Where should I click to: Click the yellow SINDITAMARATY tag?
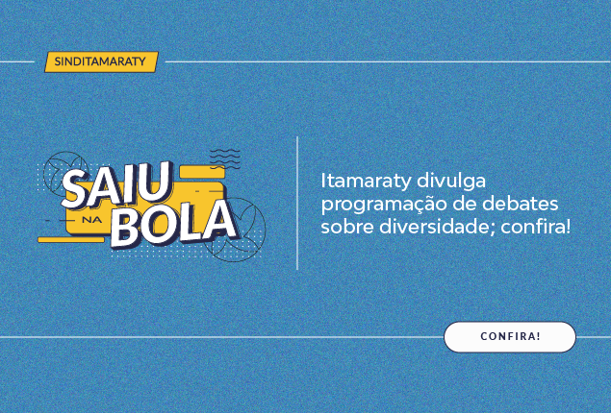coord(101,61)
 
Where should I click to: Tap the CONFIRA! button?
coord(510,337)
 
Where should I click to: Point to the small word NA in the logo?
coord(92,220)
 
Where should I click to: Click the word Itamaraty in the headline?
coord(365,182)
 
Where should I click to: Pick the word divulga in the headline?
coord(451,182)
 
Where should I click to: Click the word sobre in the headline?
coord(347,227)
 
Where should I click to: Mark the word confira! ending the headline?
coord(536,227)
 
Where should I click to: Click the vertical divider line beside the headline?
coord(297,203)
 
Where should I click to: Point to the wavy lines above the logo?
coord(225,158)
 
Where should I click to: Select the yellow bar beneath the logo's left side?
coord(71,239)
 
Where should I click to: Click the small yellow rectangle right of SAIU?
coord(202,172)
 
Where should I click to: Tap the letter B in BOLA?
coord(125,230)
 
